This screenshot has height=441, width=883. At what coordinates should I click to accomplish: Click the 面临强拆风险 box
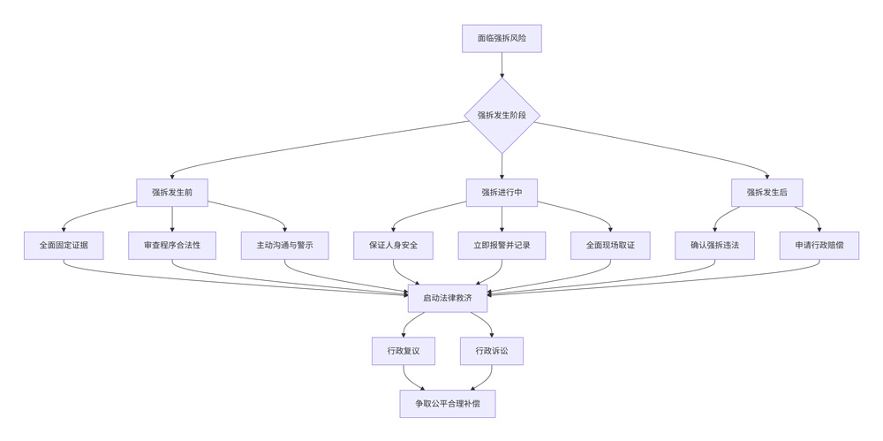tap(502, 38)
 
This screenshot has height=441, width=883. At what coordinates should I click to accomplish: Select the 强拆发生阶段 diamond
tap(502, 115)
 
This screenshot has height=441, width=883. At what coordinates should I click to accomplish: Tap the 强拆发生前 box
tap(172, 193)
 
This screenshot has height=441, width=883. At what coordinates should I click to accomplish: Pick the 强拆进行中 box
tap(502, 193)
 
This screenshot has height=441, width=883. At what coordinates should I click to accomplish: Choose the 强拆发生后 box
tap(766, 193)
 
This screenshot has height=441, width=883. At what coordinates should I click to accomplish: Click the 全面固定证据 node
tap(64, 245)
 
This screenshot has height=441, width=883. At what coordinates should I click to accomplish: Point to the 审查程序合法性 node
tap(172, 245)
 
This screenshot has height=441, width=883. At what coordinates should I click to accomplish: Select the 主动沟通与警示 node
tap(284, 245)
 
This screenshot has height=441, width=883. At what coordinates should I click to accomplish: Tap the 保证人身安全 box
tap(393, 245)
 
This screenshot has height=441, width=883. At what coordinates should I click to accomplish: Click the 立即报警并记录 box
tap(502, 245)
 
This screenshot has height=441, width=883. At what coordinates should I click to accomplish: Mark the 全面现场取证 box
tap(610, 245)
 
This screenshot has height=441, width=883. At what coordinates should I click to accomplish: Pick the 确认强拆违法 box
tap(714, 245)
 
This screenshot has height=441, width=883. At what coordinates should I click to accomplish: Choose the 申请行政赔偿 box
tap(819, 245)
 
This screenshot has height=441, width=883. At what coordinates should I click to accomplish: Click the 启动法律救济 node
tap(448, 298)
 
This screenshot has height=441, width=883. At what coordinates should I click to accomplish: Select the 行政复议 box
tap(404, 351)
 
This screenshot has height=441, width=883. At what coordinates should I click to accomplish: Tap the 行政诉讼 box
tap(492, 351)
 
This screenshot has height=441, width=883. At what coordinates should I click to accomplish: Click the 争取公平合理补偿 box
tap(448, 404)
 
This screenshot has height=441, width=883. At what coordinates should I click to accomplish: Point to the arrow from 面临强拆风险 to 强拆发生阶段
tap(502, 65)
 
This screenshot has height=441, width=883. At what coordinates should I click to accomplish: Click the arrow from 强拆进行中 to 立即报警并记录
tap(502, 219)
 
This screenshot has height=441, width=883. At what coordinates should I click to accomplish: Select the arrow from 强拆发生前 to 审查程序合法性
tap(172, 219)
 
